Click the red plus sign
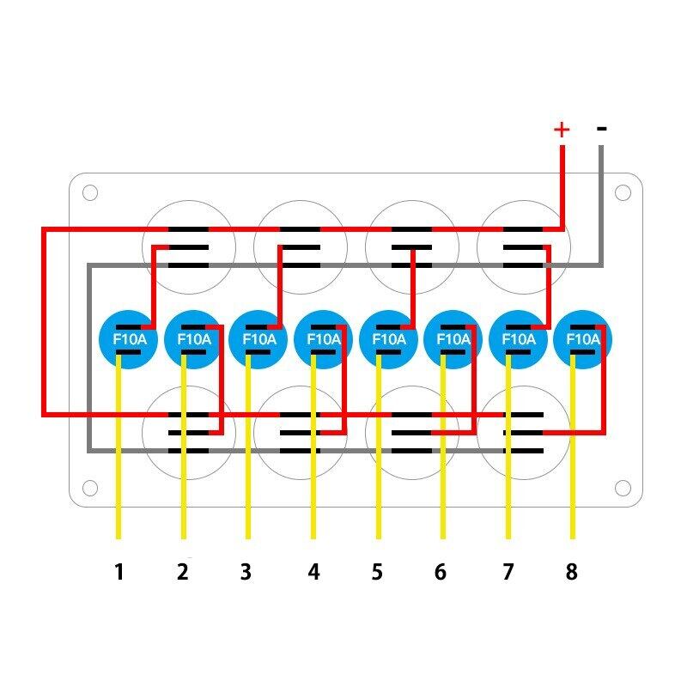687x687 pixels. (562, 130)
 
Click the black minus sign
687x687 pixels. (602, 129)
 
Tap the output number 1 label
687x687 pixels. (119, 572)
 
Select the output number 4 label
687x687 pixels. (313, 572)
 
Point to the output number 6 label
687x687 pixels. (441, 572)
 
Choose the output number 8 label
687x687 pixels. (572, 572)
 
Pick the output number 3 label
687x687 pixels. (246, 572)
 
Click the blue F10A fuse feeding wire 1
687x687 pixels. (129, 338)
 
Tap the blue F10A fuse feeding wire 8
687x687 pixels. (583, 338)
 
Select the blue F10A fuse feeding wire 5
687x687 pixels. (388, 338)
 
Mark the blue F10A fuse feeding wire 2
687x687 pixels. (193, 338)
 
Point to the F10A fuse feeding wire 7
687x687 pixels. (518, 338)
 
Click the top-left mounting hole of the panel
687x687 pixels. (90, 192)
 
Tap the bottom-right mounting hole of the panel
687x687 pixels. (623, 488)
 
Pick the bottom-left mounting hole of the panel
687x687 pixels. (90, 488)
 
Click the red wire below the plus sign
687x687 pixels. (562, 185)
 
